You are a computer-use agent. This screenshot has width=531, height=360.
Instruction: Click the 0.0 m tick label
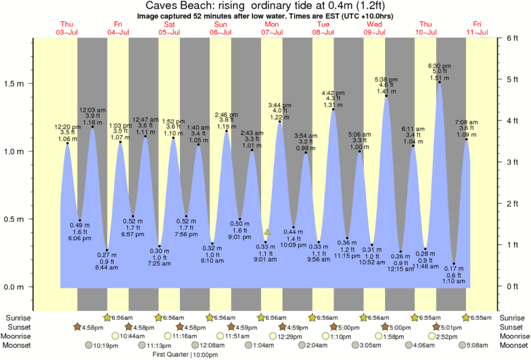(x=15, y=287)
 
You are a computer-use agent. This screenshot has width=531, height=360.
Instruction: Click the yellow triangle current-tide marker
(x=267, y=232)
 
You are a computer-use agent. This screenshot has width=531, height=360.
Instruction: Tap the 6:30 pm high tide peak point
(x=440, y=80)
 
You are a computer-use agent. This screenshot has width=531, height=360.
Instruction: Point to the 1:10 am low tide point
(x=454, y=264)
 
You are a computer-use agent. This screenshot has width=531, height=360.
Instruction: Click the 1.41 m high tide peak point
(x=386, y=96)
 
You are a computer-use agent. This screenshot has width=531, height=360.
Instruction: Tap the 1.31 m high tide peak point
(x=333, y=109)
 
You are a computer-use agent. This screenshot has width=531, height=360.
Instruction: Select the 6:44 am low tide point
(x=106, y=250)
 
